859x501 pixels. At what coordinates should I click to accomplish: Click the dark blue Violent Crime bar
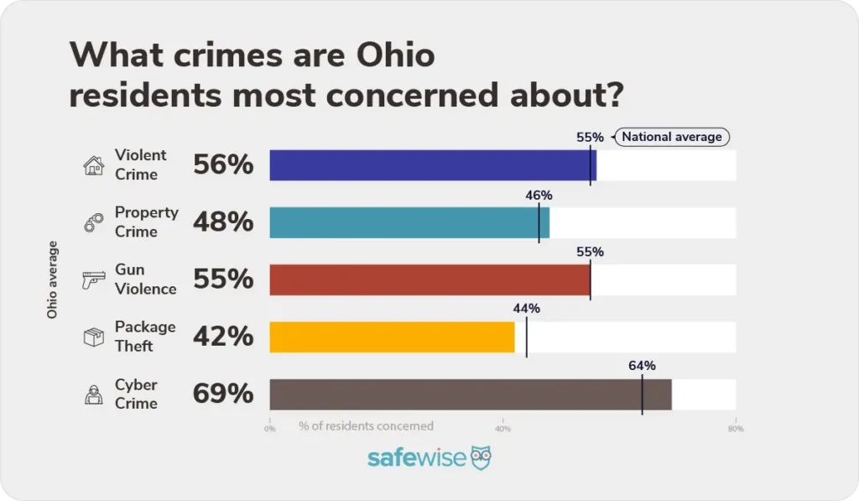tap(432, 165)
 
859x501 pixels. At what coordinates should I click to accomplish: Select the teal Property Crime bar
tap(409, 222)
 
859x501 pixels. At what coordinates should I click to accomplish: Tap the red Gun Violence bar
tap(429, 279)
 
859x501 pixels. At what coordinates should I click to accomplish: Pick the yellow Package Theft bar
tap(392, 337)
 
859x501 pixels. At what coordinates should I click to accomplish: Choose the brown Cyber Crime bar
tap(470, 394)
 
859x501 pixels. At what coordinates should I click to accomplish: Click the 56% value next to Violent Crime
tap(223, 165)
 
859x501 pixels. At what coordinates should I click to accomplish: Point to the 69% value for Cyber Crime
tap(223, 394)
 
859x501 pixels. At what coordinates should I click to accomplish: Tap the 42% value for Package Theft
tap(223, 337)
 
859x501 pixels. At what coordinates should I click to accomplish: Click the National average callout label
tap(671, 137)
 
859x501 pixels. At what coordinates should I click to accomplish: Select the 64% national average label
tap(642, 366)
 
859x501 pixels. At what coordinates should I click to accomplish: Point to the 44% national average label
tap(526, 309)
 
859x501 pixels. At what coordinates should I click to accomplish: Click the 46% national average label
tap(539, 196)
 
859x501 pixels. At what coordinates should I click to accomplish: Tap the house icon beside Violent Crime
tap(93, 165)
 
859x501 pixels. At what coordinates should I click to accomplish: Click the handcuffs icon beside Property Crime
tap(93, 222)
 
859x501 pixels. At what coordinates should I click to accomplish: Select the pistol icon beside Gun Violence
tap(93, 279)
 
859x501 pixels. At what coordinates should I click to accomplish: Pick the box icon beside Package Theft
tap(93, 337)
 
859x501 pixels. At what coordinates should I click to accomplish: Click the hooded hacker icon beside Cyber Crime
tap(93, 394)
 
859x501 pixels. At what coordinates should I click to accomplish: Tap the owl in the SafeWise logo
tap(481, 458)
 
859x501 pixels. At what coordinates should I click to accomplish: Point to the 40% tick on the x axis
tap(502, 429)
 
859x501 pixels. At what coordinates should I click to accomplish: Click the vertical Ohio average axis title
tap(53, 279)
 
